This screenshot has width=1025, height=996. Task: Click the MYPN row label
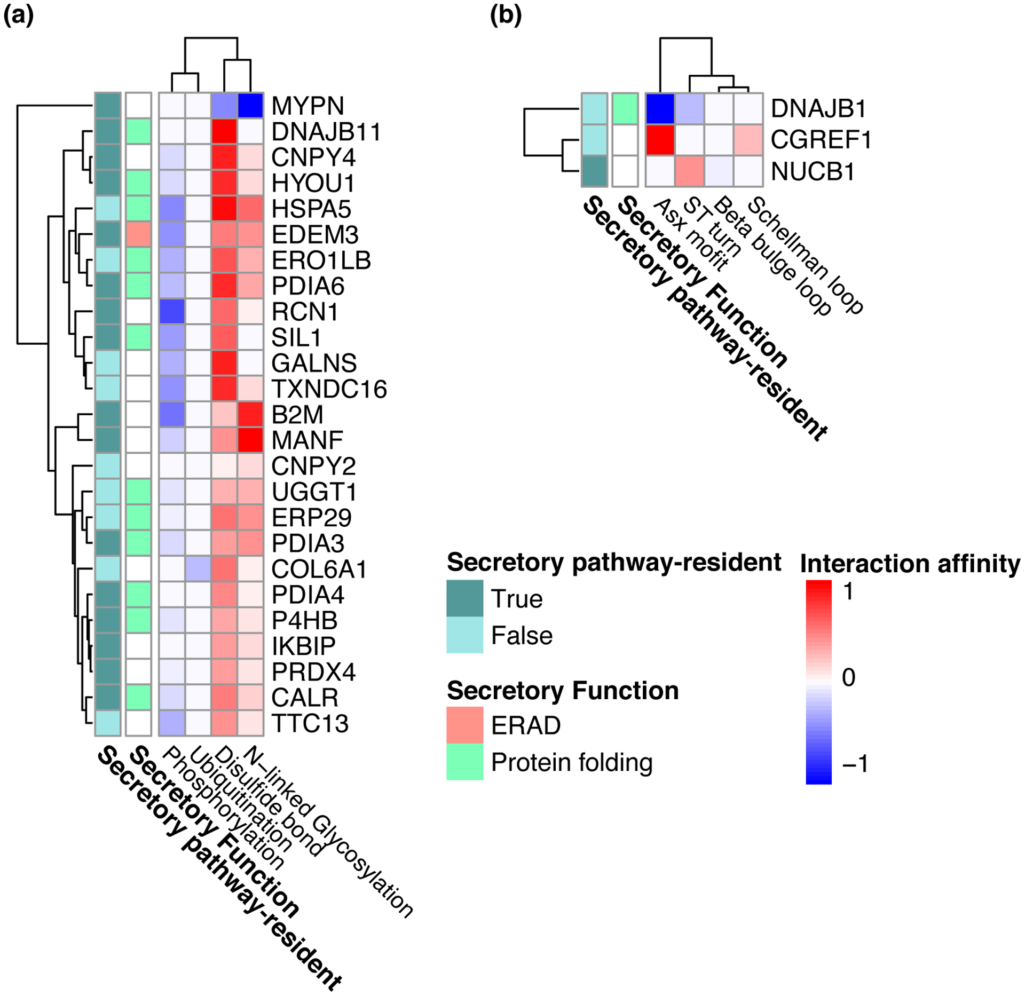[x=307, y=106]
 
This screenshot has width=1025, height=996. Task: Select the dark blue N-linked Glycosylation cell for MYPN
[x=250, y=105]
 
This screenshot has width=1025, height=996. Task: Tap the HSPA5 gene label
[x=311, y=209]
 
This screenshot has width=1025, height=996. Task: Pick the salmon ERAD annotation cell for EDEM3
[x=139, y=234]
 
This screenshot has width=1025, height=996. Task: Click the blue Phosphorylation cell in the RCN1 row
[x=172, y=312]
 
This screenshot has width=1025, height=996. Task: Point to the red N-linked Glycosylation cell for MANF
[x=250, y=440]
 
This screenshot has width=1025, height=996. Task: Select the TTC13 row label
[x=310, y=723]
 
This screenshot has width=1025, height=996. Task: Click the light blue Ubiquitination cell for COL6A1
[x=198, y=569]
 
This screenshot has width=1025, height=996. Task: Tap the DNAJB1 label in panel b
[x=818, y=108]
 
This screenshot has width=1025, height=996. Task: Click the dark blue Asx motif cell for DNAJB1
[x=660, y=108]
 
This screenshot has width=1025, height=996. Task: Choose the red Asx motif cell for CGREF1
[x=660, y=140]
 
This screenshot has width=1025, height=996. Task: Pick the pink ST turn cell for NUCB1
[x=690, y=171]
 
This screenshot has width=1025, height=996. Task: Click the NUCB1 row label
[x=813, y=171]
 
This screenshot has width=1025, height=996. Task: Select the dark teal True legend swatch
[x=464, y=598]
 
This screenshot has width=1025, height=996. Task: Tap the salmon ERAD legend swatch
[x=464, y=725]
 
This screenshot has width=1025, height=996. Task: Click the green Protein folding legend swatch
[x=464, y=762]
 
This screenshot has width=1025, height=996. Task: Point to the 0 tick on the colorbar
[x=848, y=677]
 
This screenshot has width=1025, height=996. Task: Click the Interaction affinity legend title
[x=910, y=564]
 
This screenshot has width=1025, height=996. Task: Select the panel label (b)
[x=505, y=16]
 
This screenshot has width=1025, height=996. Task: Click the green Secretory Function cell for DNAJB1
[x=625, y=108]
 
